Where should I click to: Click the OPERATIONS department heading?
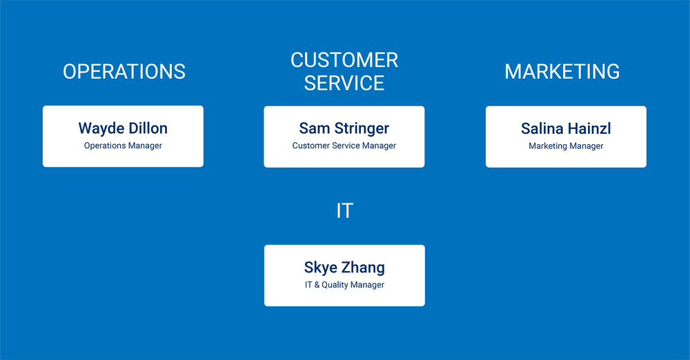point(124,71)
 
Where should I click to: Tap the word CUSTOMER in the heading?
point(344,60)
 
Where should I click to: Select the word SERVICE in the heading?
point(344,83)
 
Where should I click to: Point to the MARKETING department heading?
point(562,71)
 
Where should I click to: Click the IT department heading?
point(344,210)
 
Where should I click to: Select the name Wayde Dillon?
point(123,128)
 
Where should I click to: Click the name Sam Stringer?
point(344,128)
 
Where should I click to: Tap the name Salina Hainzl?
point(566,128)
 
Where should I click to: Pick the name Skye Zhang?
point(344,268)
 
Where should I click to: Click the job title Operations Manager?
point(124,146)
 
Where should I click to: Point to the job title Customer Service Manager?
point(344,146)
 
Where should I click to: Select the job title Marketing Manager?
point(566,146)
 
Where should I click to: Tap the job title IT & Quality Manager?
point(344,285)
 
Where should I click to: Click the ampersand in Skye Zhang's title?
point(317,285)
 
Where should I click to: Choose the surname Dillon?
point(148,128)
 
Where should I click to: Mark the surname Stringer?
point(362,128)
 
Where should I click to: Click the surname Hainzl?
point(589,128)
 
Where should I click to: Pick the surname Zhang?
point(364,268)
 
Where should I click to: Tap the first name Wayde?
point(101,128)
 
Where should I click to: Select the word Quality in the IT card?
point(335,285)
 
